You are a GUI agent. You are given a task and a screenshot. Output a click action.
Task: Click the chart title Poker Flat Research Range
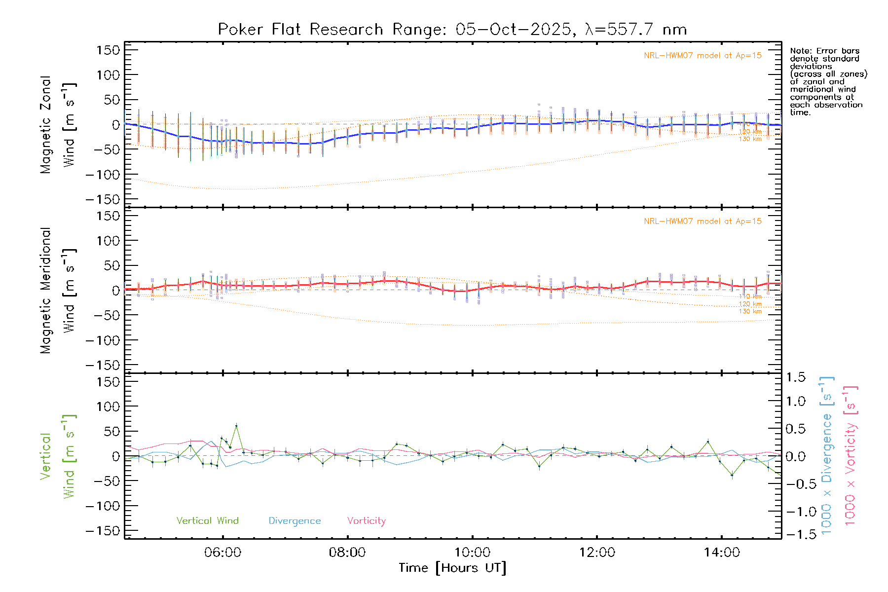pos(452,30)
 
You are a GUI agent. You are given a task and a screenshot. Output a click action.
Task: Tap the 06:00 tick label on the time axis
pos(222,553)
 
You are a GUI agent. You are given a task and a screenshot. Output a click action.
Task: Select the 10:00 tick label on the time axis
pos(472,553)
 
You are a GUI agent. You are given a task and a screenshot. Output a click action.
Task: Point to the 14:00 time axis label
pos(722,553)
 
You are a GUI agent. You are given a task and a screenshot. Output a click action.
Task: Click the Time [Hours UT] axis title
pos(452,568)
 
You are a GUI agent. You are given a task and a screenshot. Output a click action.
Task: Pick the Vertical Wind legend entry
pos(207,521)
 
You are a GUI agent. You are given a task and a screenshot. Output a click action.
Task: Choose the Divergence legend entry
pos(295,521)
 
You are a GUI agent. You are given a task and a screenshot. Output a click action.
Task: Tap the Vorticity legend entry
pos(366,521)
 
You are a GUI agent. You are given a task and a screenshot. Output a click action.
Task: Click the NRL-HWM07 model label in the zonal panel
pos(703,56)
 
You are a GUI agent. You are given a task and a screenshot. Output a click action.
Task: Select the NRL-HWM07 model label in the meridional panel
pos(703,222)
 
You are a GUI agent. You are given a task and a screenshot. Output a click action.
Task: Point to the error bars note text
pos(828,81)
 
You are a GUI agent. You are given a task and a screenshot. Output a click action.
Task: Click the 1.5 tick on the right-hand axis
pos(795,377)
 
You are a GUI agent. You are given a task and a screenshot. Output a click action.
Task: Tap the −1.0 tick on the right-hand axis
pos(795,512)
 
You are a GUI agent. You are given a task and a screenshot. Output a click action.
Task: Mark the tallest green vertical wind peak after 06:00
pos(236,425)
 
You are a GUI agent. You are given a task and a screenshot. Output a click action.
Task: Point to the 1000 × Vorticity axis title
pos(851,455)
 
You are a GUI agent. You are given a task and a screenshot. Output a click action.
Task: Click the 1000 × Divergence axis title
pos(827,455)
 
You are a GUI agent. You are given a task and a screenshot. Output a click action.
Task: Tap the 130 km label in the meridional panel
pos(750,311)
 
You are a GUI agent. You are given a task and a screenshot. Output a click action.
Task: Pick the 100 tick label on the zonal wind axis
pos(108,75)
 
